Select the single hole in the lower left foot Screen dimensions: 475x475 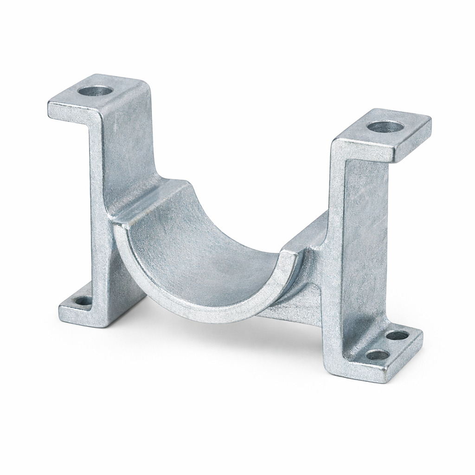(x=83, y=301)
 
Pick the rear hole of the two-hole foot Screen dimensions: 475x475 (x=397, y=335)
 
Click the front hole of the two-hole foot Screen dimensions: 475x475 (x=377, y=355)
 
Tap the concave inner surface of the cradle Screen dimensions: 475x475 (x=199, y=241)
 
